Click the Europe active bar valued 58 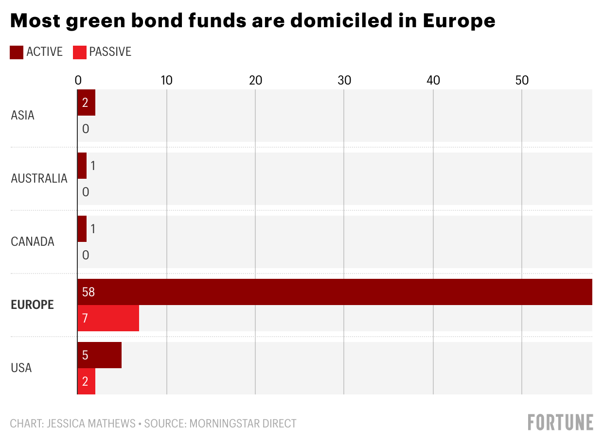(335, 292)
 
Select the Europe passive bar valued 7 (108, 318)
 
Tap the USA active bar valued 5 (100, 355)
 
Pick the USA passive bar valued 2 (87, 381)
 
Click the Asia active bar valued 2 (87, 102)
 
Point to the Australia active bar (82, 166)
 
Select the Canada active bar (82, 229)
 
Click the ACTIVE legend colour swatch (17, 52)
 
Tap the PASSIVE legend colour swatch (79, 52)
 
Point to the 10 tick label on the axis (166, 81)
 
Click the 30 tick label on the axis (344, 81)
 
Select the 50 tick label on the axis (521, 81)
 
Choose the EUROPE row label (32, 305)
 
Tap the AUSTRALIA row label (39, 178)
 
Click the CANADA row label (33, 241)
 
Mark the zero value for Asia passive (86, 129)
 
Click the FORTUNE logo (560, 422)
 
